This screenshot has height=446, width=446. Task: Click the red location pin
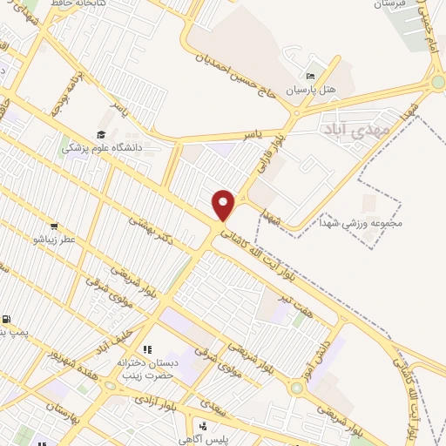[x=224, y=205]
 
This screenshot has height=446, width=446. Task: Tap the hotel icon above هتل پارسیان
[x=312, y=77]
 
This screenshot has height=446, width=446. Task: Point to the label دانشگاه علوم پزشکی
[x=102, y=148]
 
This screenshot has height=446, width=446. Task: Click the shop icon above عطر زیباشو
[x=55, y=226]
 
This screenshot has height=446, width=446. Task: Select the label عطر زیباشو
[x=55, y=239]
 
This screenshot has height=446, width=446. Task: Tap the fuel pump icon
[x=8, y=321]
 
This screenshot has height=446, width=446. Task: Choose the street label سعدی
[x=210, y=403]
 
